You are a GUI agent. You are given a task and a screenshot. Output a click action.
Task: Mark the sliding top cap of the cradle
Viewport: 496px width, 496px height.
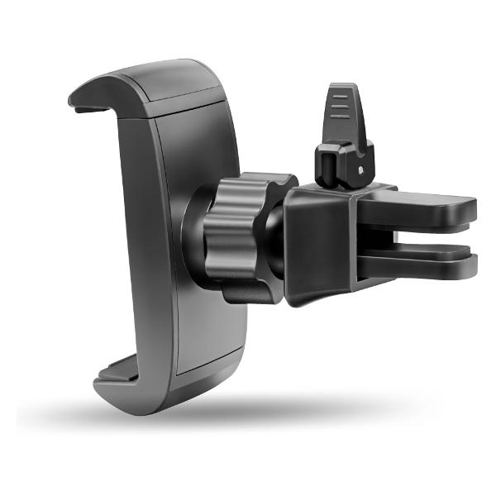click(x=178, y=83)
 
